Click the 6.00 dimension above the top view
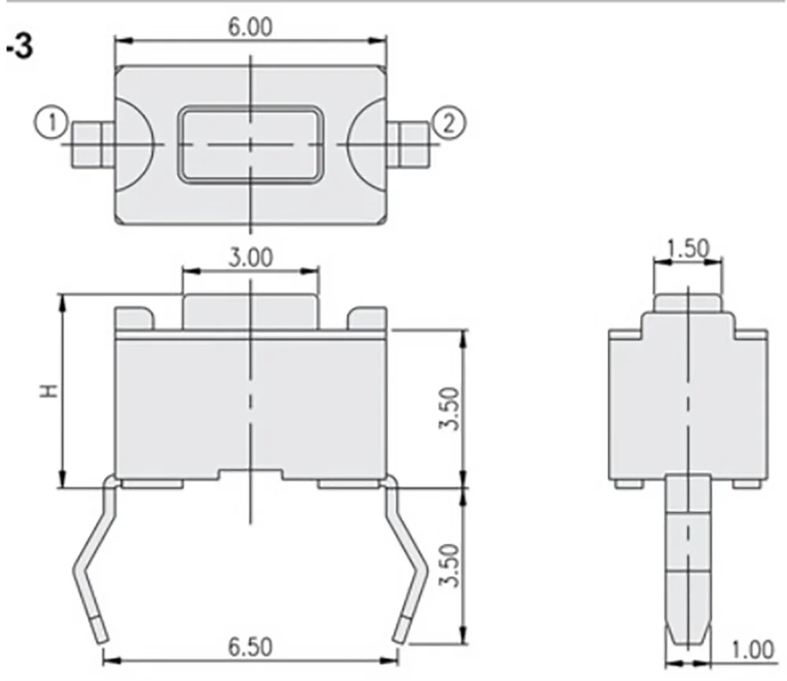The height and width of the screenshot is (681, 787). pos(250,27)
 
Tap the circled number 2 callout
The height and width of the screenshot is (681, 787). pos(449,123)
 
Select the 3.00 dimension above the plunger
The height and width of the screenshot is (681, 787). pos(250,258)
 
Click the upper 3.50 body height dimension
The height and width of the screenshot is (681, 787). pos(449,408)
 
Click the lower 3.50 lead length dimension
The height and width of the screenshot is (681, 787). pos(449,564)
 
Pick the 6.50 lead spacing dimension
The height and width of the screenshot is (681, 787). pos(250,647)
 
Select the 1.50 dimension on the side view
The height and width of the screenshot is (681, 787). pos(689,248)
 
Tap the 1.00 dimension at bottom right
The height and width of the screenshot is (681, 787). pos(752,650)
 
